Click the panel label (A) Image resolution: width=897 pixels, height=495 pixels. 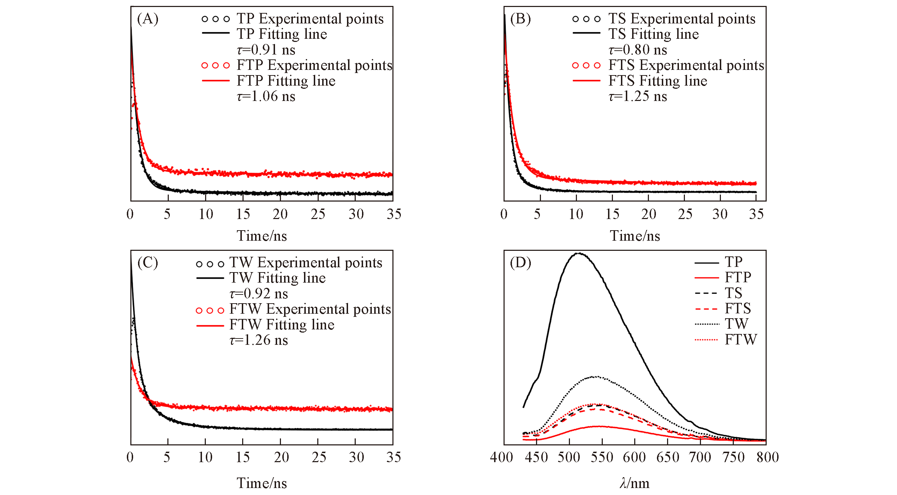[147, 19]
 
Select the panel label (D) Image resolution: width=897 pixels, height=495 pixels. [520, 262]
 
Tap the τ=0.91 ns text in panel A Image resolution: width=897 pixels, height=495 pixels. [266, 50]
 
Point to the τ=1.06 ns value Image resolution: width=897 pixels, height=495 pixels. [266, 96]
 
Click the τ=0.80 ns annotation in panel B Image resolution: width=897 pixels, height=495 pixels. [638, 50]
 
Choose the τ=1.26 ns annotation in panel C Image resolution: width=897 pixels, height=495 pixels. [259, 340]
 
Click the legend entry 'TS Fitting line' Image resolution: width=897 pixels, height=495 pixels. [653, 34]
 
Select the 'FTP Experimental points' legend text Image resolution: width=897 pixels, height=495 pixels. [314, 65]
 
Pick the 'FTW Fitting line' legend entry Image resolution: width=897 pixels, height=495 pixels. [282, 325]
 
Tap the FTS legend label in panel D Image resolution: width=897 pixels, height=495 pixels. [738, 308]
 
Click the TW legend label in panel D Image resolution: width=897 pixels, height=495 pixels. [736, 324]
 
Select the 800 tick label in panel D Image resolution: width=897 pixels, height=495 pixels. [768, 457]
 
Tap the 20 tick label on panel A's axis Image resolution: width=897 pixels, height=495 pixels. [280, 214]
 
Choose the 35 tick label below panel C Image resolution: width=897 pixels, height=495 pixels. [393, 457]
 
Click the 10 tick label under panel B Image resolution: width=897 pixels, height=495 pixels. [576, 214]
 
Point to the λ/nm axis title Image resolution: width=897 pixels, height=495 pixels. [635, 483]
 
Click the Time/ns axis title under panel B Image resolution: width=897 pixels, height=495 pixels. [635, 236]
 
